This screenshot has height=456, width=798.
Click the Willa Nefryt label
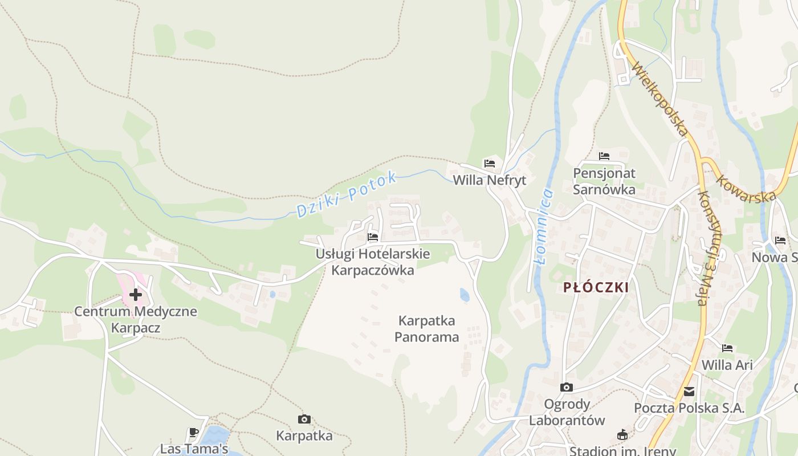(x=489, y=180)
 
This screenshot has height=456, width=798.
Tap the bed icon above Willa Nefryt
(x=489, y=164)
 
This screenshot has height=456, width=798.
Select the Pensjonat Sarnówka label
(x=604, y=181)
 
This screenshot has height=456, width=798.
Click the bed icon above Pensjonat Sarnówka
(x=604, y=156)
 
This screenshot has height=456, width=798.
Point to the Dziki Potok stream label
(x=347, y=194)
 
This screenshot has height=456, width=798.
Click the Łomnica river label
(x=545, y=226)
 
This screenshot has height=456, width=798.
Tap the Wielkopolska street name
(x=661, y=100)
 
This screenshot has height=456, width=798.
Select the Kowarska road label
(x=746, y=189)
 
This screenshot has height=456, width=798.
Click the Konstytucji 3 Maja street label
(x=710, y=248)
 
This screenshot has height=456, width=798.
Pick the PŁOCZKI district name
(x=596, y=287)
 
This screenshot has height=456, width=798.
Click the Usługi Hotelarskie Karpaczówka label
(x=373, y=262)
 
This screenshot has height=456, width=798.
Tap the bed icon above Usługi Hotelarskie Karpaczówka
(x=373, y=237)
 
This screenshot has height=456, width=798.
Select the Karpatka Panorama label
(x=427, y=329)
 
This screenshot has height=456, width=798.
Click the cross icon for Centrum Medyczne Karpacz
(x=135, y=295)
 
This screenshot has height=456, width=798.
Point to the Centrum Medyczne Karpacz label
(x=136, y=320)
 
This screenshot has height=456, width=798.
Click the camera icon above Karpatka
(x=304, y=420)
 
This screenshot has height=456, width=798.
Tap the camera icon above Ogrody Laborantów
(x=567, y=388)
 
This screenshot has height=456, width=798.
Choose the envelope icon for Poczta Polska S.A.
(x=689, y=392)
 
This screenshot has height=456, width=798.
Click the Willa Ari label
(x=727, y=365)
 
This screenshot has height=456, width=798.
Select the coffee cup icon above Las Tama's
(x=194, y=432)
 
